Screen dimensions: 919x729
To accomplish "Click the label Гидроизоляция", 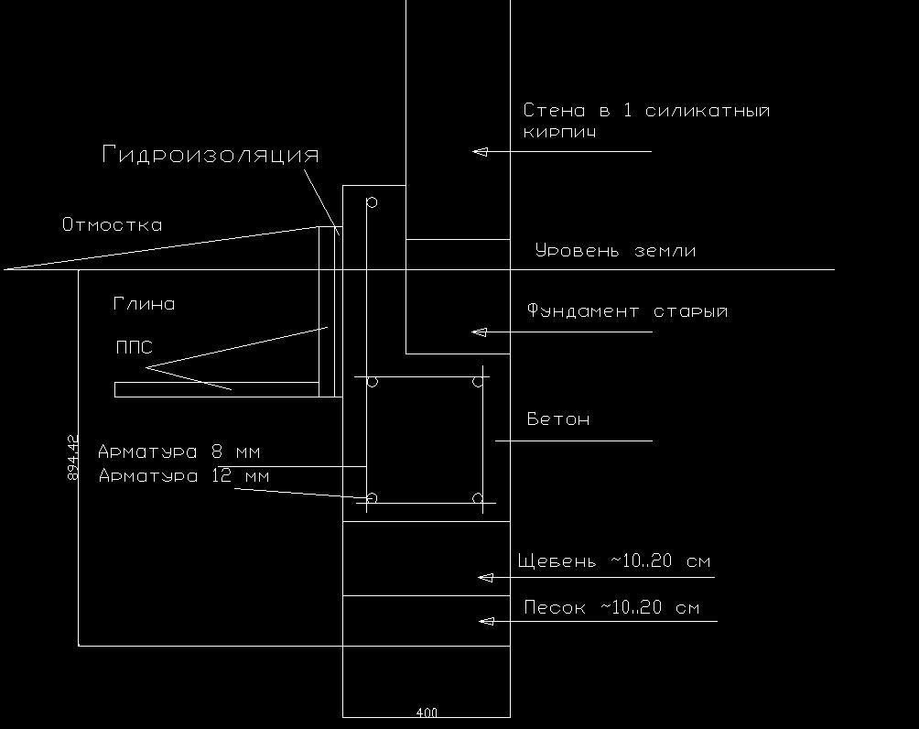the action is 211,154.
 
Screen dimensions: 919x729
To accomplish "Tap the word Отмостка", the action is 112,224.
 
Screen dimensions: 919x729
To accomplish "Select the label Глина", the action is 145,304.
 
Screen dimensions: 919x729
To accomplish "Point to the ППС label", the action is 135,347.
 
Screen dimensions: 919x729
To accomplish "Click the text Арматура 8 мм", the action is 178,452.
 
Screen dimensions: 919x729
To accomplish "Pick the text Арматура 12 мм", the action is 184,475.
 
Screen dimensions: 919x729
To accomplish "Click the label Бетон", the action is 558,419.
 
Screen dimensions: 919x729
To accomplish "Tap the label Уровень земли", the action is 615,250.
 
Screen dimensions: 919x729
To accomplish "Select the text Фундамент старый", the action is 627,310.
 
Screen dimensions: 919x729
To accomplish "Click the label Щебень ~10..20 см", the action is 613,560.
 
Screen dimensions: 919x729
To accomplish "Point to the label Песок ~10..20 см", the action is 611,607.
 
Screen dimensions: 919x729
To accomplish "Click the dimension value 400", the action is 427,713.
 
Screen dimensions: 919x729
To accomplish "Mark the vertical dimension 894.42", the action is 73,458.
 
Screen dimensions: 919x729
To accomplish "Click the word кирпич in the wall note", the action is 559,132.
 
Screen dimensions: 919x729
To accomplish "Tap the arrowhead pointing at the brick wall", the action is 480,151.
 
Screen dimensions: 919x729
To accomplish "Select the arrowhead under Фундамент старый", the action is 479,332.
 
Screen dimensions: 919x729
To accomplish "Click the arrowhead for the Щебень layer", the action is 485,578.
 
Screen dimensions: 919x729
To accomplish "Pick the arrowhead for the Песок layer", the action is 486,621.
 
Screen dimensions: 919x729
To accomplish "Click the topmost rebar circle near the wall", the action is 372,202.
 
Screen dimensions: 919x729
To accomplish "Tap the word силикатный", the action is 708,110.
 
